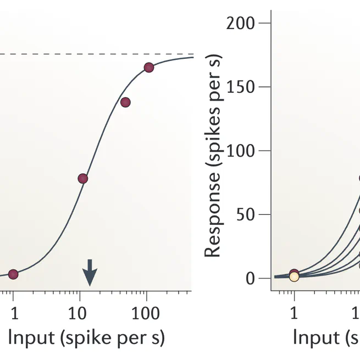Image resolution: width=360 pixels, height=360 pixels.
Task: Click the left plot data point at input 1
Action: click(x=13, y=274)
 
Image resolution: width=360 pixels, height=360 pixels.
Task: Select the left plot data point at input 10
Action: click(x=83, y=179)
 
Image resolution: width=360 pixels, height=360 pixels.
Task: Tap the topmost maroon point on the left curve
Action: click(x=148, y=68)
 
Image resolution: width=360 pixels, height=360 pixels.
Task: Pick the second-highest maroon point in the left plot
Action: click(x=125, y=102)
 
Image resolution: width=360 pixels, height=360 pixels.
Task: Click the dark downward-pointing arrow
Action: click(x=90, y=272)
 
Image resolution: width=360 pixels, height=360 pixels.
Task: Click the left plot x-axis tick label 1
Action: click(x=14, y=314)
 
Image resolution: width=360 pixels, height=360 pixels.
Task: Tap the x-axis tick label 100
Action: click(x=146, y=314)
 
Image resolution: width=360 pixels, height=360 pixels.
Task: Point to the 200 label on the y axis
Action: click(x=241, y=23)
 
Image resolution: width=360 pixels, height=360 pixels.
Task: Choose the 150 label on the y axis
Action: click(x=241, y=87)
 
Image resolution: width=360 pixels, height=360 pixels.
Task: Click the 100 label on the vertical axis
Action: click(x=241, y=151)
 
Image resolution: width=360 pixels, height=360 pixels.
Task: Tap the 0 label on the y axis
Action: click(x=251, y=278)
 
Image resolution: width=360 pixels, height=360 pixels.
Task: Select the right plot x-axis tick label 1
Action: click(x=294, y=314)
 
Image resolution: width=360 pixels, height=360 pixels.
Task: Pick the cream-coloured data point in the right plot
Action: click(x=294, y=276)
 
